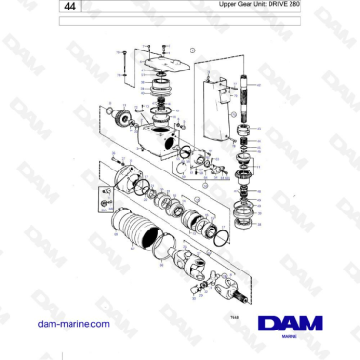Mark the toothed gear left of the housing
122,120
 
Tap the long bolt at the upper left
123,63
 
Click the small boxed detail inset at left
106,202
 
